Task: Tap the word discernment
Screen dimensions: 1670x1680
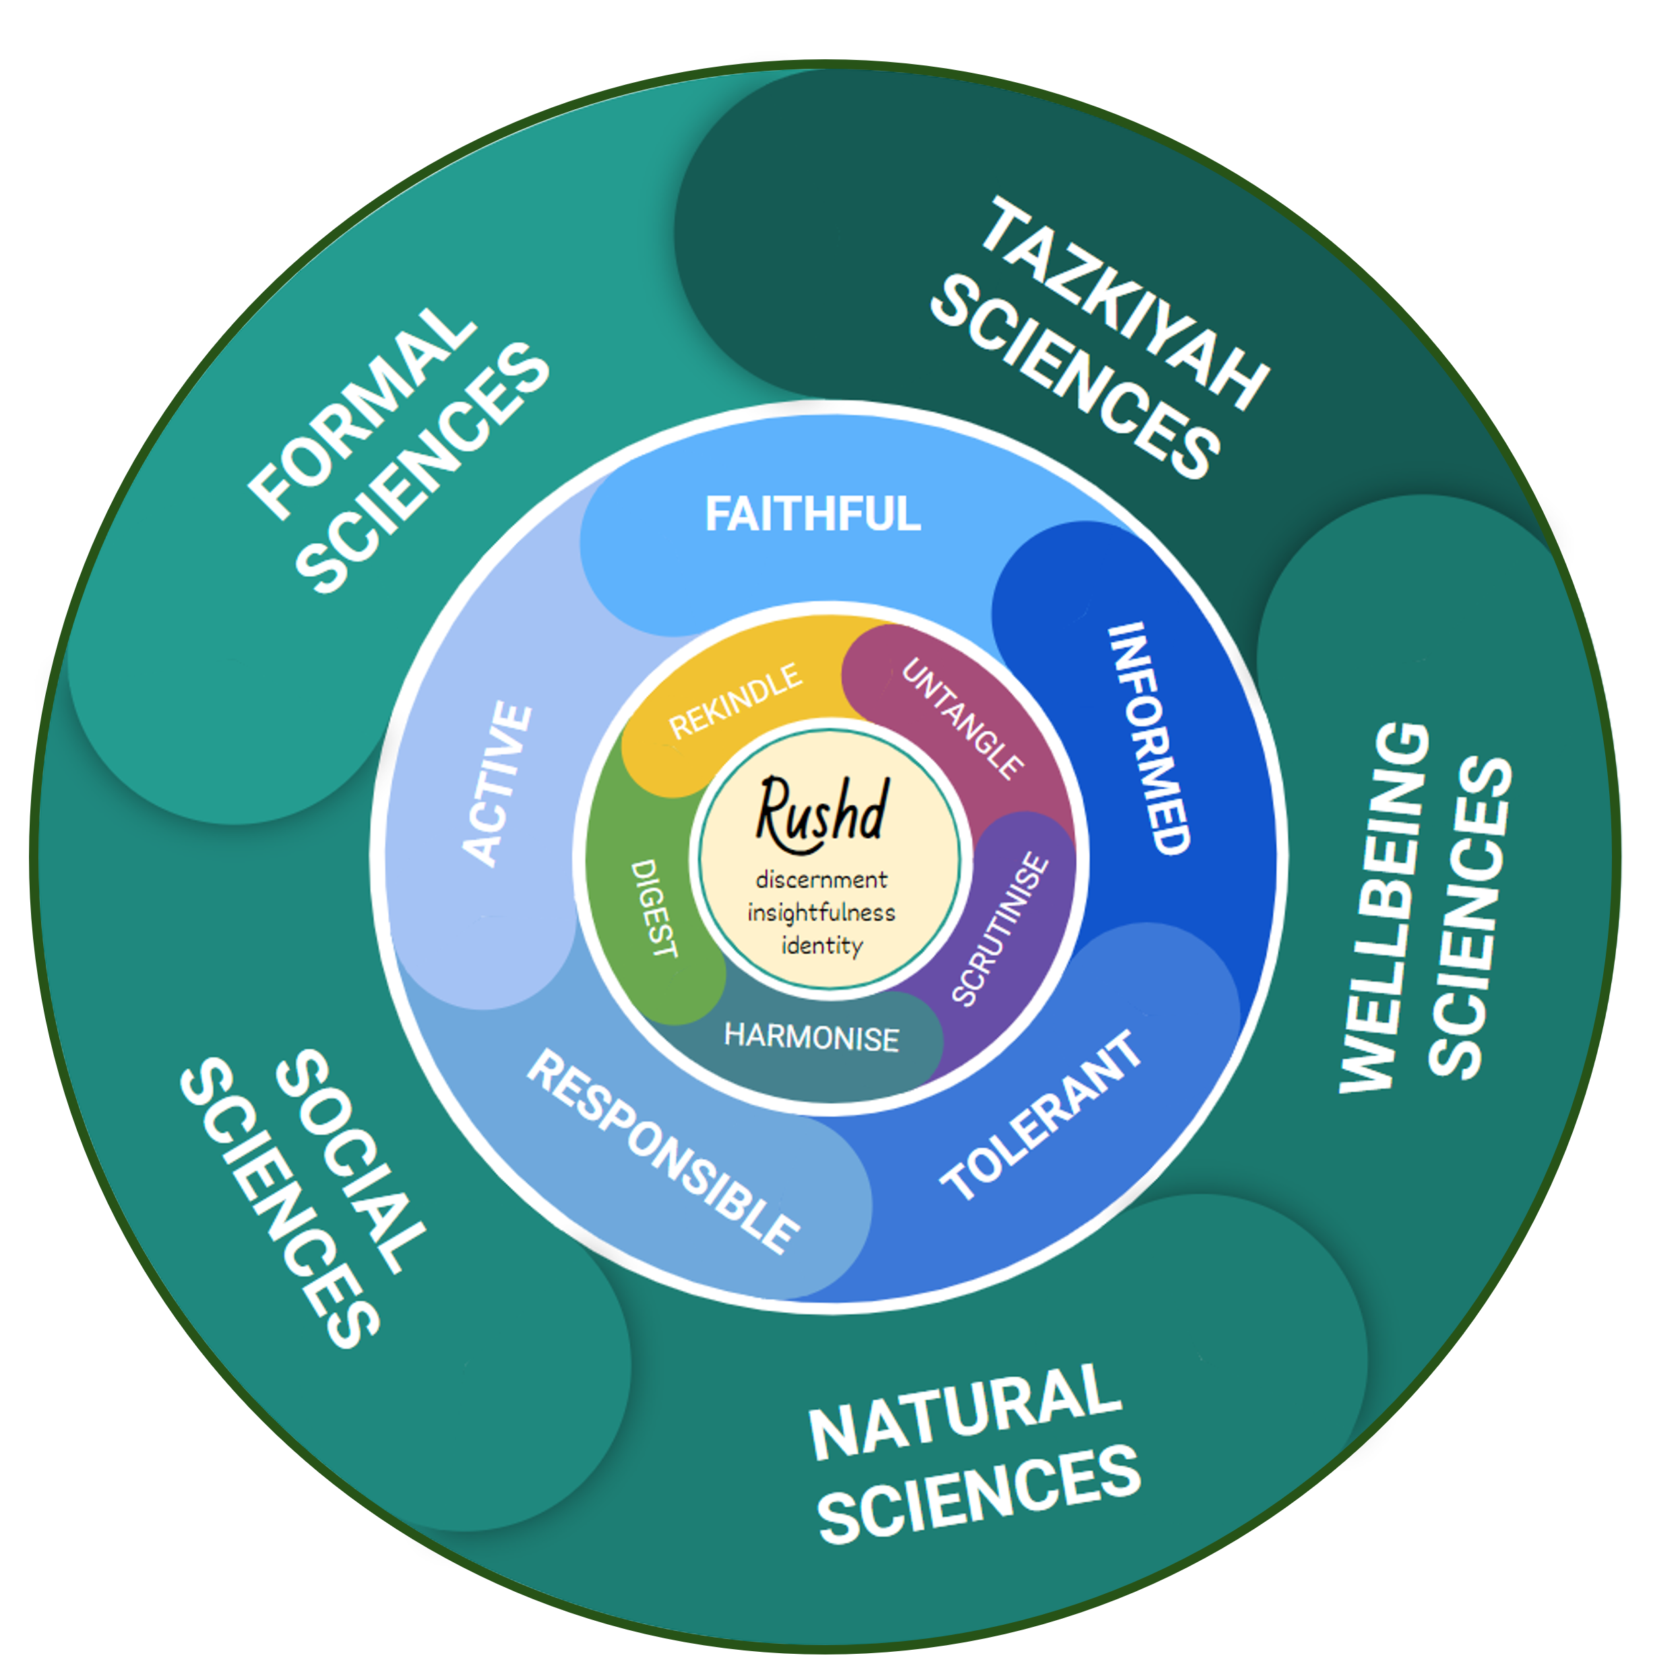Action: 821,879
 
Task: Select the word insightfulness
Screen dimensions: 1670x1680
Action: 821,913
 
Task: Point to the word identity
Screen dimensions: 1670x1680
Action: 821,946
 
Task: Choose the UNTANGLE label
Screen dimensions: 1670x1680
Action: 962,718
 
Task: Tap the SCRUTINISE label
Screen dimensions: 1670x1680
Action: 1000,929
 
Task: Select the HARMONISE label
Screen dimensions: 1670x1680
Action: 811,1037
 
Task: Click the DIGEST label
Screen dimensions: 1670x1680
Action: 653,909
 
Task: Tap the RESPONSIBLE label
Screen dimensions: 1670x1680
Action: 662,1152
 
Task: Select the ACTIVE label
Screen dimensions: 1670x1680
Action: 496,784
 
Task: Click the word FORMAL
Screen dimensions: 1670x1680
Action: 362,412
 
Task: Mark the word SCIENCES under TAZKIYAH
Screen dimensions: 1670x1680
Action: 1075,378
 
